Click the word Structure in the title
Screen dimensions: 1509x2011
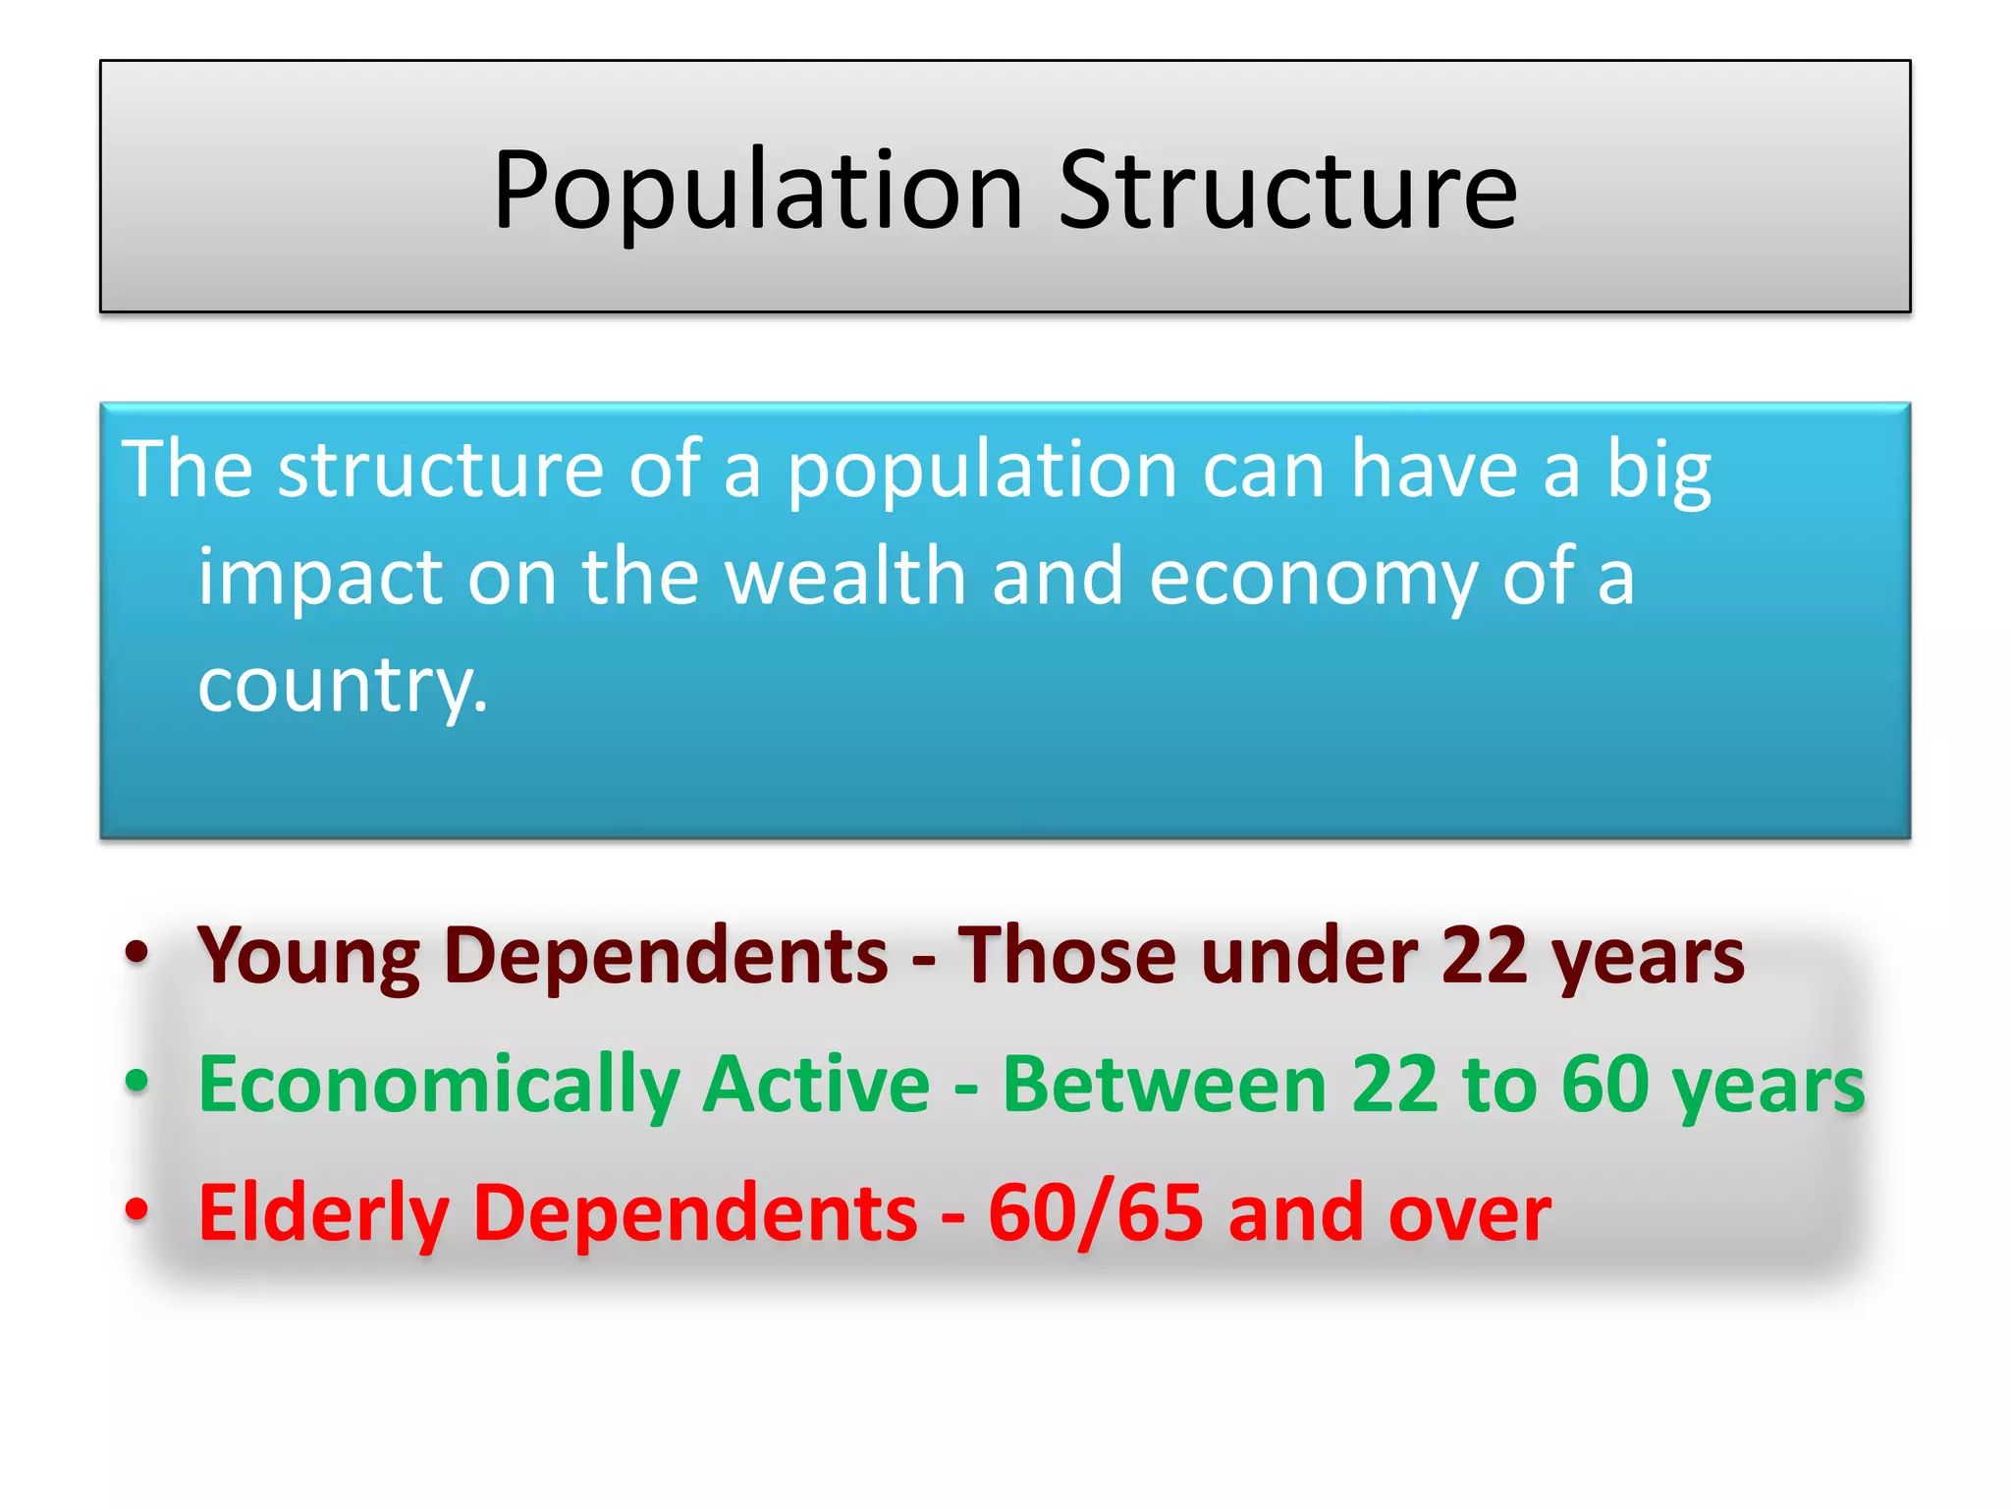[x=1286, y=191]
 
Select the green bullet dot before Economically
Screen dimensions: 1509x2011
[x=136, y=1080]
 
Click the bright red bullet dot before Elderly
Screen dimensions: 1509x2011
[x=136, y=1208]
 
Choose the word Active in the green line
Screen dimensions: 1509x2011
[x=816, y=1085]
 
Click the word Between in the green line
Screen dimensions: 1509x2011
[x=1164, y=1085]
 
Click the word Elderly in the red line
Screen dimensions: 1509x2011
[x=323, y=1214]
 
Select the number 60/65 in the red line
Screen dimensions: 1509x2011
[x=1095, y=1214]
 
